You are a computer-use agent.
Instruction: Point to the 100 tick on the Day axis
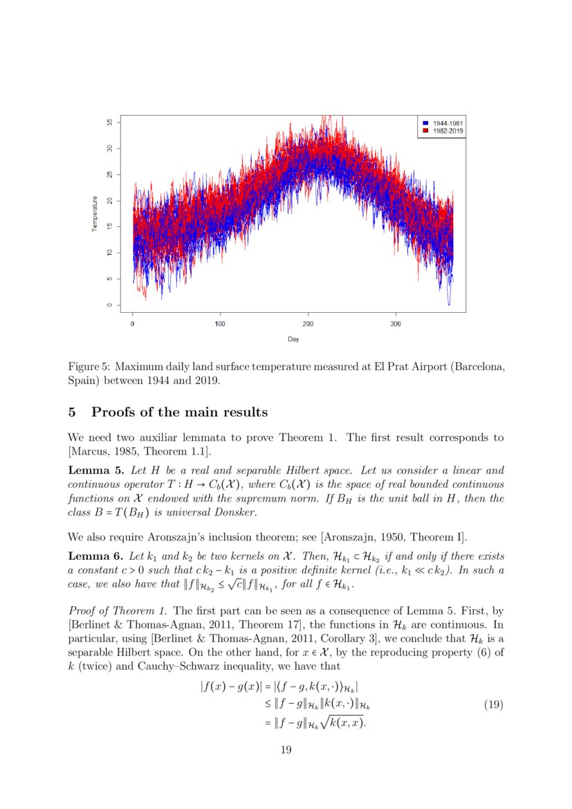220,324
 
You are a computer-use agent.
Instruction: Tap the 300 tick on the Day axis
396,324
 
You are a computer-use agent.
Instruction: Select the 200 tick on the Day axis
308,324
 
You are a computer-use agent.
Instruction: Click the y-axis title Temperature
95,214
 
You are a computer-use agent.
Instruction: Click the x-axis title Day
294,339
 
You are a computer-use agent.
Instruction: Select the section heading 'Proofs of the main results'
179,412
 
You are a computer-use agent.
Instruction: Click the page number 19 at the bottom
285,749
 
